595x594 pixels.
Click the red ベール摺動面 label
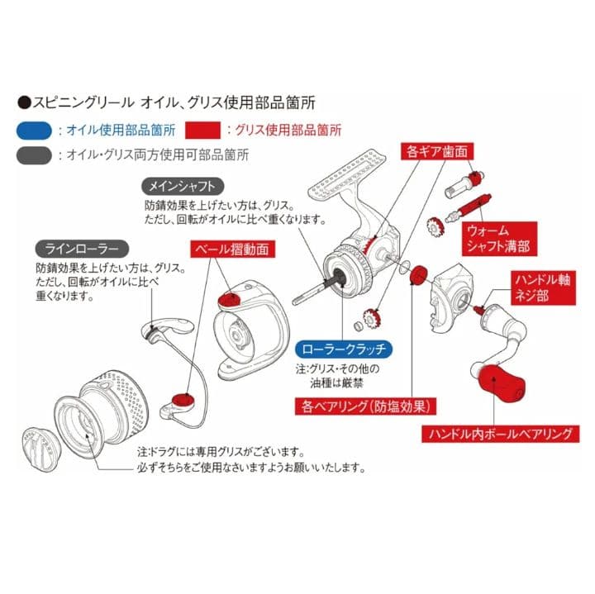click(232, 249)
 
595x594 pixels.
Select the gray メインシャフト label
click(183, 186)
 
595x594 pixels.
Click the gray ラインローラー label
click(82, 249)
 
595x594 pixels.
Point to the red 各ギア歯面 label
click(437, 151)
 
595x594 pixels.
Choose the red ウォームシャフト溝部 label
click(498, 239)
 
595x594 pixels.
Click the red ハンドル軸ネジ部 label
click(543, 287)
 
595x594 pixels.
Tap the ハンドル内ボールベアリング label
click(501, 434)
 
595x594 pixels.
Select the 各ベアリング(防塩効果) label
click(366, 406)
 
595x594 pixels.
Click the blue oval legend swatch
click(34, 131)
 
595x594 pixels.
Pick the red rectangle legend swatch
click(202, 131)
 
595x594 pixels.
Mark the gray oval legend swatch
click(34, 155)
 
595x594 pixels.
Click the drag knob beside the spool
click(42, 446)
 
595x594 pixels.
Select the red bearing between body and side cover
click(418, 274)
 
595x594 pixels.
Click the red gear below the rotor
click(373, 318)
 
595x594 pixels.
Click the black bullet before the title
click(24, 103)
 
